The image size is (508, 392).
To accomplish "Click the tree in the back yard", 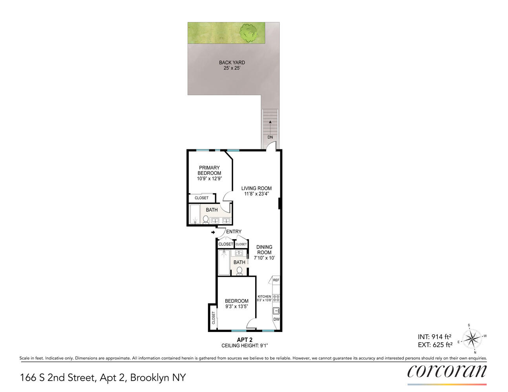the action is click(x=248, y=33).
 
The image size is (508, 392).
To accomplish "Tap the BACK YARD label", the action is click(x=232, y=63).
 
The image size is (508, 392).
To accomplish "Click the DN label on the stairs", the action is click(x=270, y=137).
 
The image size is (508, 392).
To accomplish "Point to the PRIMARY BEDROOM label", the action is click(x=209, y=171).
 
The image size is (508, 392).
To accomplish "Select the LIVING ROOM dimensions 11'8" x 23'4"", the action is click(x=256, y=194).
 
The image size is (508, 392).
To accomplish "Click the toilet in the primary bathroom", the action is click(x=206, y=220).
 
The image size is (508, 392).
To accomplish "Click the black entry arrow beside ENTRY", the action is click(x=213, y=232).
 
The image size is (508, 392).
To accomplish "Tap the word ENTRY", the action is click(x=234, y=231).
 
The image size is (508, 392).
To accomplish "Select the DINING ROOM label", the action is click(x=264, y=250).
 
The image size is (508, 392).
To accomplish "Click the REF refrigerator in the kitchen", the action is click(x=276, y=280).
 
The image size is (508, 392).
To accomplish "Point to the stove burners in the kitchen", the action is click(x=276, y=298).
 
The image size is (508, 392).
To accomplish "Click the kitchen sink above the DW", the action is click(x=276, y=311).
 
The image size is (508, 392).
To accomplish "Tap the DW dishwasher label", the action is click(x=276, y=319).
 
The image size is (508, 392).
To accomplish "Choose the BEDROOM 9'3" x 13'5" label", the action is click(x=237, y=304).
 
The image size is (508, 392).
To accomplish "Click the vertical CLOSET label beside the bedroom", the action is click(x=213, y=318).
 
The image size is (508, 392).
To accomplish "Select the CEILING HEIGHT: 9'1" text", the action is click(x=245, y=346).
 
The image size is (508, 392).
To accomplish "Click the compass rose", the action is click(x=472, y=338).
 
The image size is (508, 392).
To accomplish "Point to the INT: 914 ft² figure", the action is click(x=434, y=337).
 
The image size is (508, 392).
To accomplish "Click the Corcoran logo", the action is click(x=447, y=372).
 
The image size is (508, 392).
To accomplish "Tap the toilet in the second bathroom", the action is click(x=239, y=271).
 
